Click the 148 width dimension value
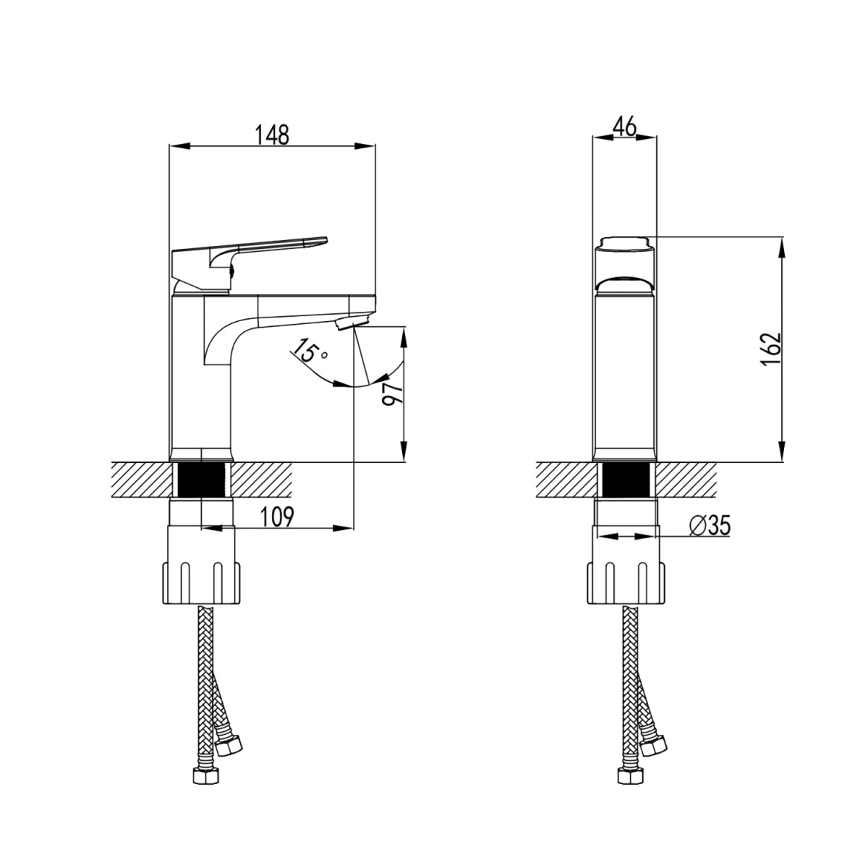(x=272, y=135)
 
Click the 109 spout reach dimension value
(x=277, y=516)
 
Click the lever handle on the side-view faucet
(x=249, y=262)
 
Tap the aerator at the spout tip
(x=353, y=323)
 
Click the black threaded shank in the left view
(x=201, y=480)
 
